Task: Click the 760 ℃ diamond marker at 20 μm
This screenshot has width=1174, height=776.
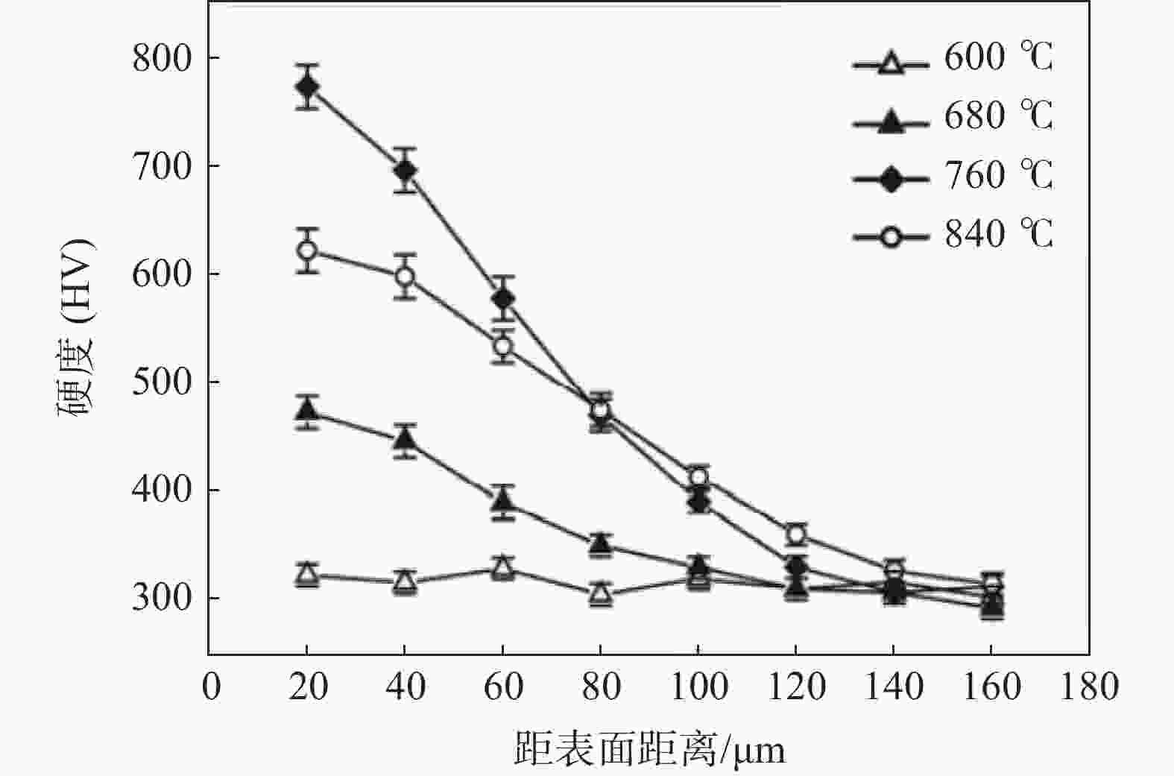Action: coord(307,86)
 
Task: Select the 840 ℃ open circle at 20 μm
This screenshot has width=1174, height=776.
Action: coord(307,250)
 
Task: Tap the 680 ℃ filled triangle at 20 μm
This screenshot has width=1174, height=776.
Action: coord(307,410)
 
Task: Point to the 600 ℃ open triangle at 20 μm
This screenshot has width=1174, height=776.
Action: coord(307,575)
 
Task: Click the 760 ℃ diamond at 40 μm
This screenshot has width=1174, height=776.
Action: coord(405,171)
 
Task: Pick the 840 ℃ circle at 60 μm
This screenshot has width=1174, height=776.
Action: coord(503,346)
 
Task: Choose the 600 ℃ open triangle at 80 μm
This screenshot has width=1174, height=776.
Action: coord(601,595)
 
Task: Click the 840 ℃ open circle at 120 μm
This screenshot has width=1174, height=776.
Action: coord(796,534)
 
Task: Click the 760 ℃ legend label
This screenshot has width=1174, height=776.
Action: coord(998,176)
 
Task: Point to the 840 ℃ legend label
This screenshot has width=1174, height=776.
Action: coord(998,235)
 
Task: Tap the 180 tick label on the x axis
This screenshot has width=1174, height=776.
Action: coord(1089,687)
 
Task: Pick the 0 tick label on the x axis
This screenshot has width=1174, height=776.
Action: coord(212,687)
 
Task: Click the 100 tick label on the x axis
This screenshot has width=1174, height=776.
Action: coord(698,687)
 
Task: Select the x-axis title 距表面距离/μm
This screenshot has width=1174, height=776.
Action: coord(649,749)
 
